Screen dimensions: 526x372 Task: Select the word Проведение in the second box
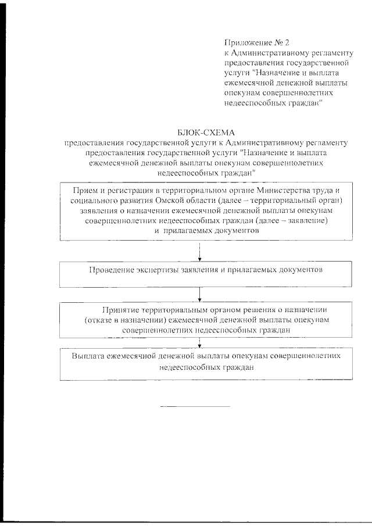click(110, 270)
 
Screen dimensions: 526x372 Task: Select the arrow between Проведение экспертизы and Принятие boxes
click(200, 294)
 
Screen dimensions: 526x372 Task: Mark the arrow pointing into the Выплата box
click(200, 343)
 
